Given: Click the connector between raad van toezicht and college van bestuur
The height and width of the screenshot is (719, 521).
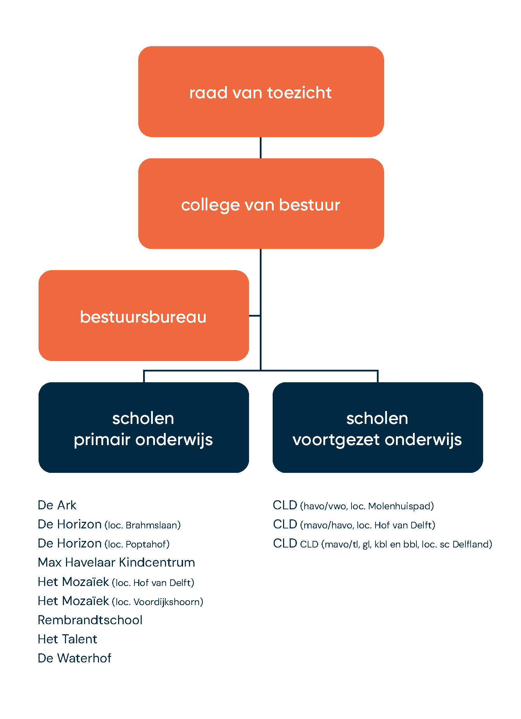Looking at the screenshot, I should click(260, 148).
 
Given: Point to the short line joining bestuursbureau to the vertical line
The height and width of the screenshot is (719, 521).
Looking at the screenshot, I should click(255, 316).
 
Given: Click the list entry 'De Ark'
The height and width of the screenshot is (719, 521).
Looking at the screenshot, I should click(57, 505).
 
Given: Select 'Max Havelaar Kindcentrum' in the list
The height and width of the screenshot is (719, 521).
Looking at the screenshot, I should click(117, 562).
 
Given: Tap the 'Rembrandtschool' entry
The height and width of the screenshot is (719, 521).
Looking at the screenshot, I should click(90, 620).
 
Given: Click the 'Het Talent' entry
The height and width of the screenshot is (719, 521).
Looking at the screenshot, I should click(68, 639).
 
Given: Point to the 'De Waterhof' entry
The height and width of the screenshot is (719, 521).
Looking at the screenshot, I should click(75, 658).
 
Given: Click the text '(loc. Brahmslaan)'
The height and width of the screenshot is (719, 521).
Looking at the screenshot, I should click(143, 525).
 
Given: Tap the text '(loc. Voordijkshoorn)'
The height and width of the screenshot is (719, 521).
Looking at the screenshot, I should click(158, 602).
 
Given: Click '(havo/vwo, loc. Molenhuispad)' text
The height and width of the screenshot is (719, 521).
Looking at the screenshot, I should click(367, 506).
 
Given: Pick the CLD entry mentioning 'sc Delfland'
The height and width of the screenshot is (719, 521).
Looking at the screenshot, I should click(382, 544).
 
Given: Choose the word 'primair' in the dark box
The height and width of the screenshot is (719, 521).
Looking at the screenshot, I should click(102, 440).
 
